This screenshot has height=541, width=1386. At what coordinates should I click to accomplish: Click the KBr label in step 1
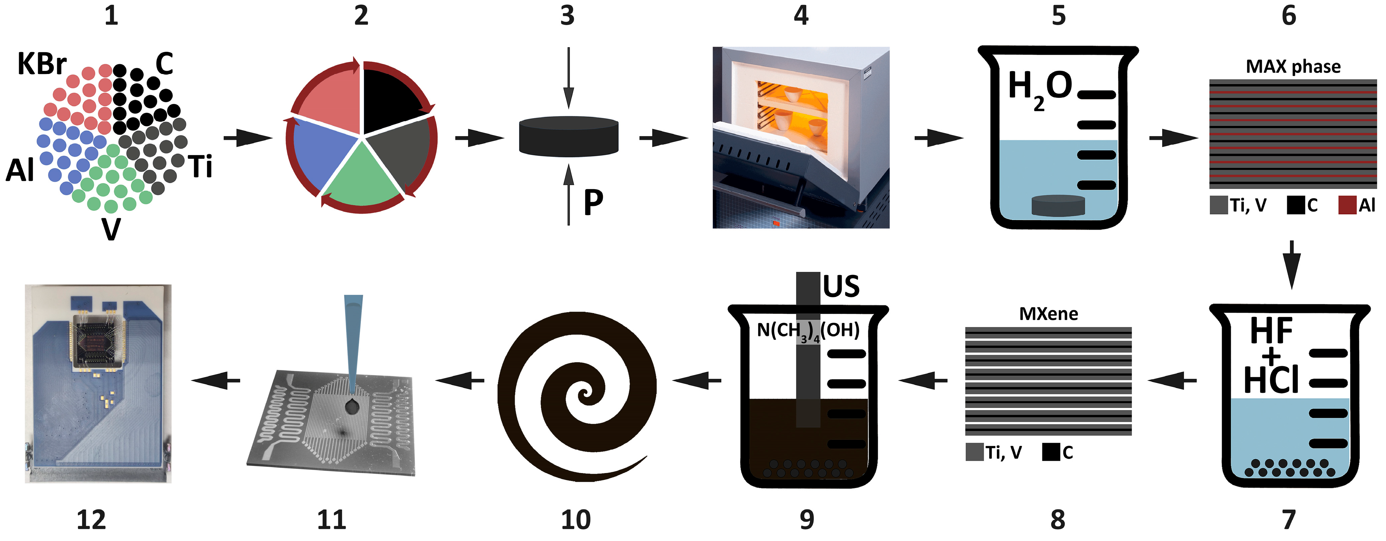click(42, 64)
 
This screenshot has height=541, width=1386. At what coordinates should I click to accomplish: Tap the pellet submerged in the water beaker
click(1057, 205)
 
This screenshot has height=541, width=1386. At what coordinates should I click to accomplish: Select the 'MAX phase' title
click(1293, 66)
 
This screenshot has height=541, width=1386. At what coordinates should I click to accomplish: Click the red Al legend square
click(1347, 205)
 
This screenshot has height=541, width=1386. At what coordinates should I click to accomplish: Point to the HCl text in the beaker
click(1271, 380)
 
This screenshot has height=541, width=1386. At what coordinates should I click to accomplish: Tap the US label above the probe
click(841, 286)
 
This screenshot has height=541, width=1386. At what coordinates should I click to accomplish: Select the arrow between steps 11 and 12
click(215, 381)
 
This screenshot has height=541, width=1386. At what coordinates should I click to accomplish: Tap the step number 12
click(91, 520)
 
